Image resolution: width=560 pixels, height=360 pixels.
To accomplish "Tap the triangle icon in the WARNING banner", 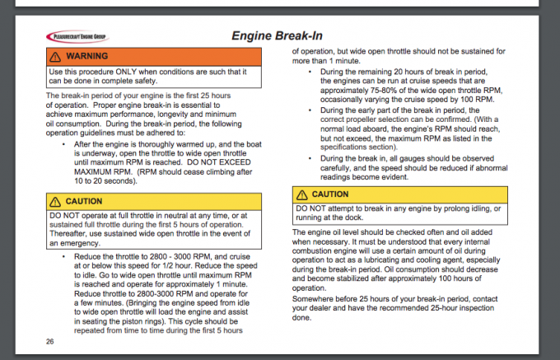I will tap(56, 56).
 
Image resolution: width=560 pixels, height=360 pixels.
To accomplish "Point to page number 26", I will tap(50, 340).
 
